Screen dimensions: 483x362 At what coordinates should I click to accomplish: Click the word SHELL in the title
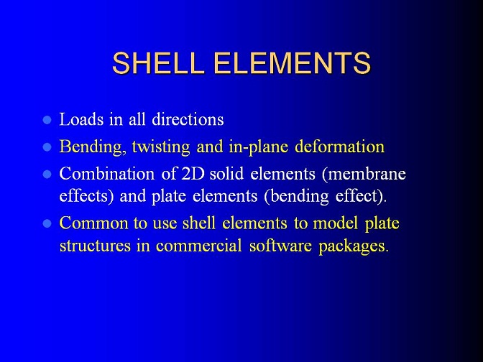[158, 62]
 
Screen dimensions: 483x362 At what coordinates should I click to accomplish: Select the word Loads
[81, 119]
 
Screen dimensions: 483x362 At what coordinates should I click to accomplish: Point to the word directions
[188, 119]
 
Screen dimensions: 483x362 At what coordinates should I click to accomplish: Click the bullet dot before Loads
[47, 120]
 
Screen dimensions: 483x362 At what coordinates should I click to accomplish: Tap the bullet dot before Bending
[47, 147]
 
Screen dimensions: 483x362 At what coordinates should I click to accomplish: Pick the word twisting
[161, 147]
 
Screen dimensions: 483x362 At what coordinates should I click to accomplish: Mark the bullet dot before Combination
[47, 175]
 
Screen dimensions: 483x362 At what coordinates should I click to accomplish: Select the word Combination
[107, 174]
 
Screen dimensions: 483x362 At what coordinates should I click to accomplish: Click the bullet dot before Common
[47, 223]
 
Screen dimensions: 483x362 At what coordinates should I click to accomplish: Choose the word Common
[93, 223]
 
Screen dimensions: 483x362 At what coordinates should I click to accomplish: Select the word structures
[95, 246]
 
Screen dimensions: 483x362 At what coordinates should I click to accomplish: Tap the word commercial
[198, 246]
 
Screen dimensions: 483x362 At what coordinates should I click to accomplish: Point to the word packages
[351, 246]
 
